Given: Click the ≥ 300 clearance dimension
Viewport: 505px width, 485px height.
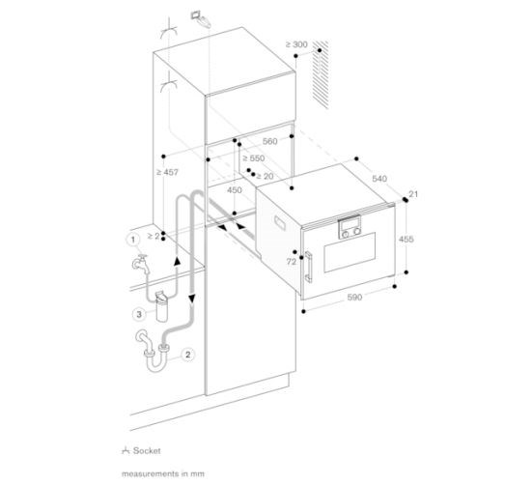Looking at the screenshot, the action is tap(296, 44).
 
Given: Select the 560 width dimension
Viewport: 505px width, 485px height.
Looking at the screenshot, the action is tap(270, 141).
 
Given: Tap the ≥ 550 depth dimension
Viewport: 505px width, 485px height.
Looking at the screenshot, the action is tap(254, 158).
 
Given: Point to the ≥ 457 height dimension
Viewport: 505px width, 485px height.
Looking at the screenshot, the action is tap(167, 172).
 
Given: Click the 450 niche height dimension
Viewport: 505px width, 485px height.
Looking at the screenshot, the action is tap(235, 190).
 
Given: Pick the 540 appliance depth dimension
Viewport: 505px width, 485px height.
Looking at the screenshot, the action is tap(379, 179).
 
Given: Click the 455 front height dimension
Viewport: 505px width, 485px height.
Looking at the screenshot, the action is tap(407, 239).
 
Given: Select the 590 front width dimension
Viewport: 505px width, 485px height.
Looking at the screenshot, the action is tap(354, 298).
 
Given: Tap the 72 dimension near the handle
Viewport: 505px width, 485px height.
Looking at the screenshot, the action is tap(292, 262).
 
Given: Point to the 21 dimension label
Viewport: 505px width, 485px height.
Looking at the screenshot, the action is tap(413, 194).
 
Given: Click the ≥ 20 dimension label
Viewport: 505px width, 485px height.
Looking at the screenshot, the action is tap(266, 176).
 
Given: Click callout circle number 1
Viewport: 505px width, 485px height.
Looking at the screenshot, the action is tap(132, 240).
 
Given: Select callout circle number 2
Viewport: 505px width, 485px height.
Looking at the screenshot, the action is tap(187, 355).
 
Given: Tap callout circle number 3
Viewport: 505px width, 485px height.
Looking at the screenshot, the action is tap(139, 314).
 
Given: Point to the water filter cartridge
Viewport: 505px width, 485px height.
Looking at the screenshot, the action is tap(162, 306).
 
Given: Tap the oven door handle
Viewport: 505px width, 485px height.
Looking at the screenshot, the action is tap(308, 267).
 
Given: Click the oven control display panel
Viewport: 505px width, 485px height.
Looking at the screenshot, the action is tap(350, 226).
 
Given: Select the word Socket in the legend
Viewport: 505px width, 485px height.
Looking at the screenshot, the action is tap(147, 450).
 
